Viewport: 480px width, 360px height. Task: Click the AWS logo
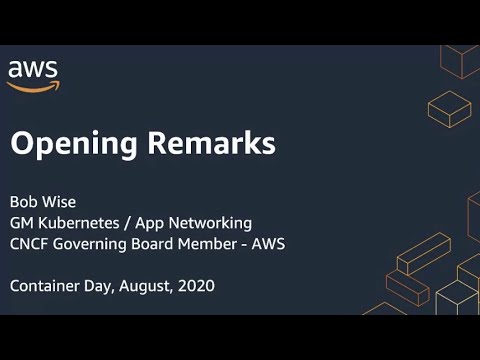click(33, 75)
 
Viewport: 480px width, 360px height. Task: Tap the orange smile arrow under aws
click(34, 87)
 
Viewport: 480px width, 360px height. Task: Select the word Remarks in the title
click(206, 143)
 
